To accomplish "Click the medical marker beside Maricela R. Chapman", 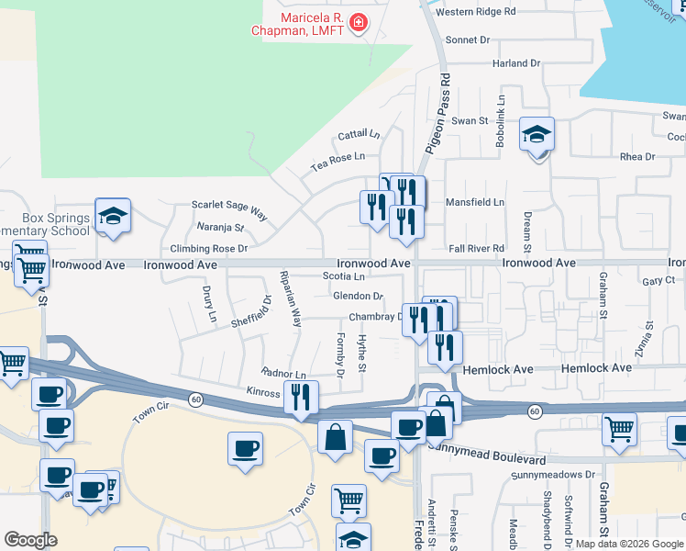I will click(358, 22).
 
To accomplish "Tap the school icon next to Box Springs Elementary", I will click(113, 217).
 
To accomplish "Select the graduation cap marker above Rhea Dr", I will click(537, 136).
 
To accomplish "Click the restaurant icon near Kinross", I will click(300, 398).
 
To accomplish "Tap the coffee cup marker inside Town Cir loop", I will click(245, 449).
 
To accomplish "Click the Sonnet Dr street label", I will click(468, 40).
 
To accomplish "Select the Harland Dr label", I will click(515, 63).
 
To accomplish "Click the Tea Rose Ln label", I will click(337, 162).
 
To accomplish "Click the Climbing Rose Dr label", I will click(209, 249).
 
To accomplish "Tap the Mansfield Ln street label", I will click(475, 202).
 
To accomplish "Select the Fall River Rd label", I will click(477, 249).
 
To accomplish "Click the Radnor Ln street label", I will click(283, 375).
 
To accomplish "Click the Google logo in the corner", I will click(31, 539).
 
